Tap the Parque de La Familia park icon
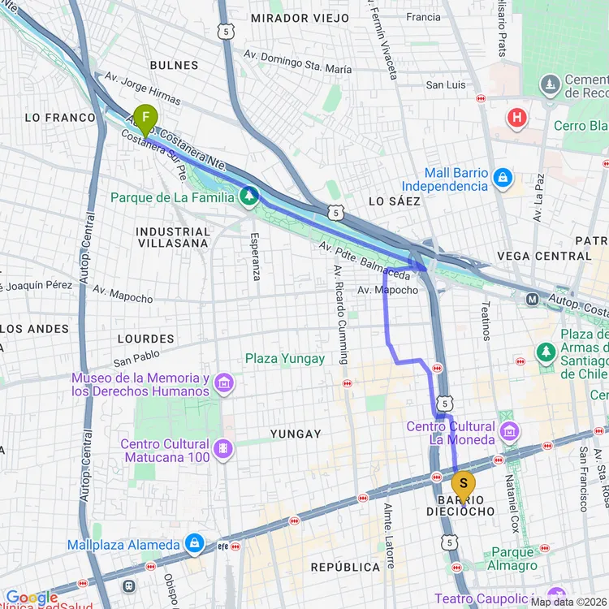(x=249, y=197)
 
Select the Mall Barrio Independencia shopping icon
(x=503, y=176)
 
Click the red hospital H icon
(x=516, y=119)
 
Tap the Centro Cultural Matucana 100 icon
(x=222, y=447)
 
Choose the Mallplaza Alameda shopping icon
(x=195, y=542)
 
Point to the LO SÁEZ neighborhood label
(x=395, y=201)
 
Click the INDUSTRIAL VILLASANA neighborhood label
(x=173, y=237)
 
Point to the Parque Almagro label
(x=513, y=559)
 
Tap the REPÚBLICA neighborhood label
(x=346, y=567)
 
